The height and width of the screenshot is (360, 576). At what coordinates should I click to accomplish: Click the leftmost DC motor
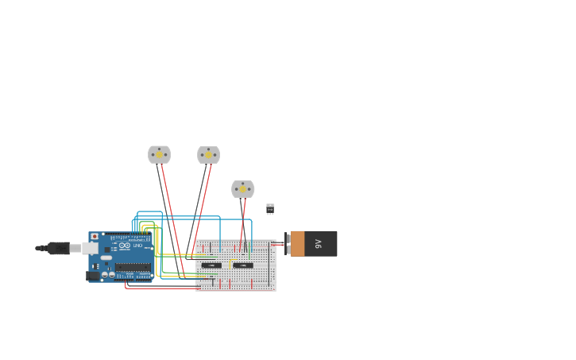click(159, 154)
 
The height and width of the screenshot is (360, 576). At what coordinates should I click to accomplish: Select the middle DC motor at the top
click(208, 155)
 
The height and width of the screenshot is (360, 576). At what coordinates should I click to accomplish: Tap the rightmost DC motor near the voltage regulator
click(242, 189)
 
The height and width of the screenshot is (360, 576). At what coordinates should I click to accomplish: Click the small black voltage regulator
click(270, 208)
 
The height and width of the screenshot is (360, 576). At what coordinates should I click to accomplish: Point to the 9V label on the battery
click(319, 244)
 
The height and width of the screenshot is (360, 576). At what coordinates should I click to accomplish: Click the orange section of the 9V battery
click(297, 244)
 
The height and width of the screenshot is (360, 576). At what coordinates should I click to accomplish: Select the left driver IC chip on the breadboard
click(211, 265)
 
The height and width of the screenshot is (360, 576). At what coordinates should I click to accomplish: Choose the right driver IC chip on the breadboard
click(243, 265)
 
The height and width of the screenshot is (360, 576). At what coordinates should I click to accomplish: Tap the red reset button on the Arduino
click(95, 237)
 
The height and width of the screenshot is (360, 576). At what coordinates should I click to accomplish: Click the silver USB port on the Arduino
click(90, 248)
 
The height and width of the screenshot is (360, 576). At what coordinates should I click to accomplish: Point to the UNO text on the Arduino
click(137, 246)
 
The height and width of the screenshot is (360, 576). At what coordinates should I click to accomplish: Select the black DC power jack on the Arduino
click(93, 276)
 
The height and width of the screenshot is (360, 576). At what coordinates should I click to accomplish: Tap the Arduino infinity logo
click(125, 246)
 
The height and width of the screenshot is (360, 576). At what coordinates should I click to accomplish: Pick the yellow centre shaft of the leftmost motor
click(159, 155)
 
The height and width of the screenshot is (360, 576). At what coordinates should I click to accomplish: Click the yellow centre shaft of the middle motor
click(209, 156)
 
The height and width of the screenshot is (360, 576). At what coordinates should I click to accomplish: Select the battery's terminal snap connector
click(287, 244)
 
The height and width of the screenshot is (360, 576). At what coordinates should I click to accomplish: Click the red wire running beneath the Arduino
click(159, 288)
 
